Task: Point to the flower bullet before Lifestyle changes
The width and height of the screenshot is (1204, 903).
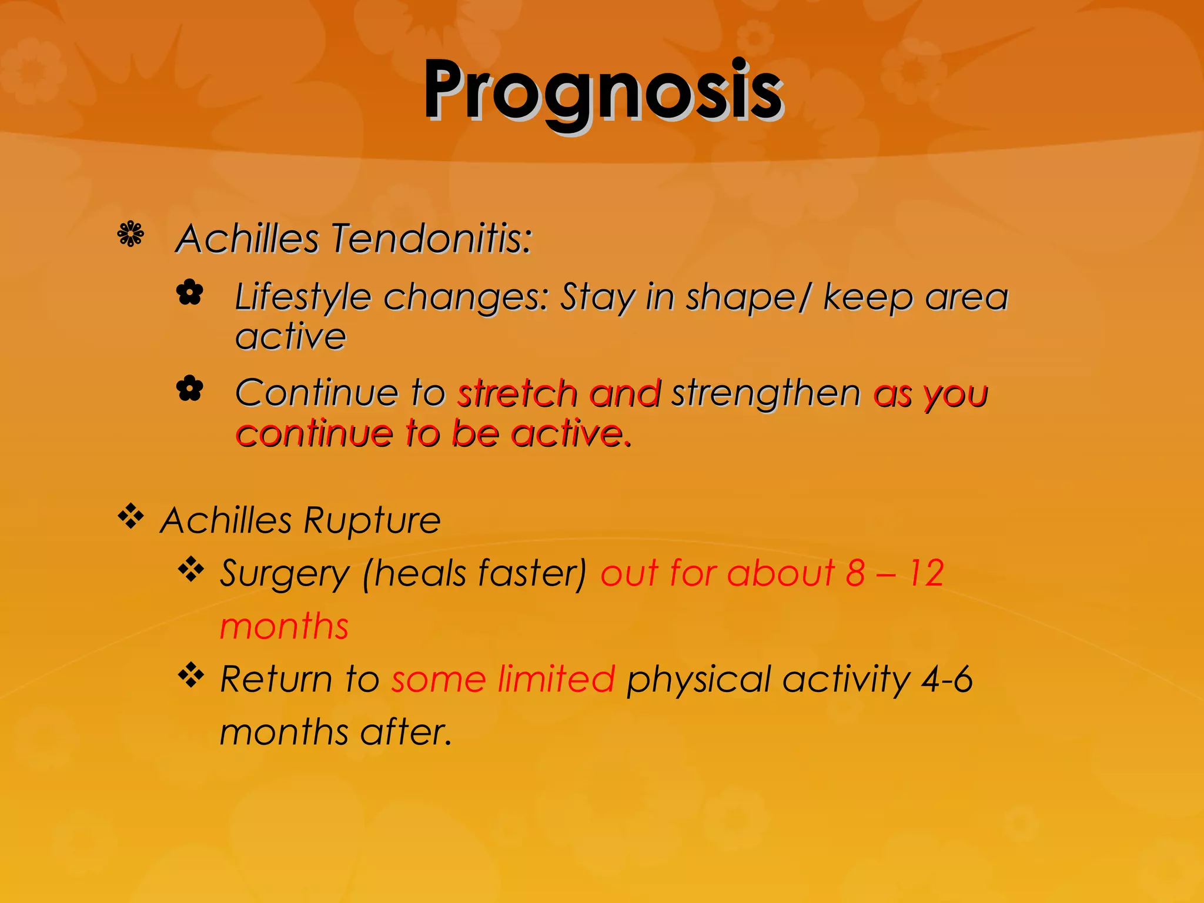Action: tap(190, 292)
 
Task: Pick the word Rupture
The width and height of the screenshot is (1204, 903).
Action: tap(372, 521)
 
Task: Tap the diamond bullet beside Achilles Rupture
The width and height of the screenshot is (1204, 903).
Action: tap(131, 517)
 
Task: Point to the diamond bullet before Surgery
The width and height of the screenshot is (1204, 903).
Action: tap(191, 569)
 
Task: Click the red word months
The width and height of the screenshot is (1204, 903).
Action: tap(284, 626)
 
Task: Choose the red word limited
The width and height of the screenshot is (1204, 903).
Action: tap(556, 679)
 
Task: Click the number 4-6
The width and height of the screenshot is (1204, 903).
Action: tap(947, 679)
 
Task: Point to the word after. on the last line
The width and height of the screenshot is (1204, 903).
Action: tap(406, 733)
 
